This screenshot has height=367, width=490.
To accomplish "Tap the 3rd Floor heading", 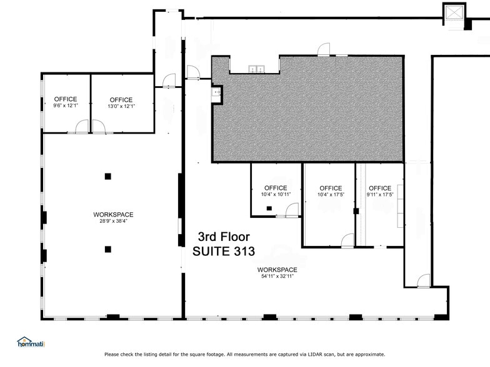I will click(224, 237).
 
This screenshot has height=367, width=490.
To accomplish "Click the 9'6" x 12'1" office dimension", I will click(66, 106).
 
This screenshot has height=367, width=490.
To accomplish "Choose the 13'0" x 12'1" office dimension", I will click(121, 106).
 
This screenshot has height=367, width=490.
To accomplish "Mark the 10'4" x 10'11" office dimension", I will click(276, 195).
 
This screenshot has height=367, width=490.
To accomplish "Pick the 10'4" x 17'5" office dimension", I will click(331, 195).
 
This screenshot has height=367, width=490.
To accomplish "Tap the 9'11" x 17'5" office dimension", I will click(379, 195).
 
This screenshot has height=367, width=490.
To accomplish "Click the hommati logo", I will click(31, 342).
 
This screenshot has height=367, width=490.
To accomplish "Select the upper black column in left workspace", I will click(108, 176).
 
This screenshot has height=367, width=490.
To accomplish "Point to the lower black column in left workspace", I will click(108, 249).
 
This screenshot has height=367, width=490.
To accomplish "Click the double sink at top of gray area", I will click(254, 69).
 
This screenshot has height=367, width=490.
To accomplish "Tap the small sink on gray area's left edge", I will click(216, 92).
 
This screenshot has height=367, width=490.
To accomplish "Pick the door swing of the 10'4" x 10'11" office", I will click(291, 210).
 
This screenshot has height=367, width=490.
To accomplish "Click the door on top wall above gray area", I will click(323, 49).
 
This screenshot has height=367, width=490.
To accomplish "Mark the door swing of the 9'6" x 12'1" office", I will click(82, 127).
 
